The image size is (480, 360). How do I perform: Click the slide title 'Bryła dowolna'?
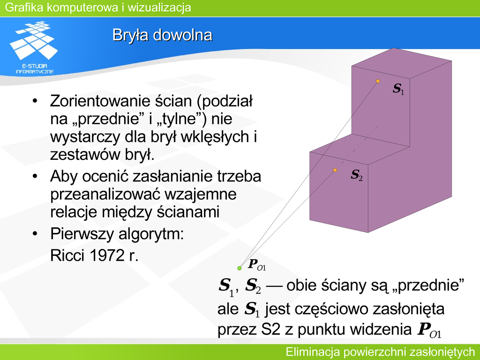pyautogui.click(x=162, y=35)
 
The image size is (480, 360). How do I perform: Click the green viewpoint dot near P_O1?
pyautogui.click(x=240, y=268)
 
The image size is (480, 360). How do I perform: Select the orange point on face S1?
pyautogui.click(x=378, y=81)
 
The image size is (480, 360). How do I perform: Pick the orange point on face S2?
pyautogui.click(x=335, y=170)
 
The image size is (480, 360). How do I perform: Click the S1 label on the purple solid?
pyautogui.click(x=398, y=89)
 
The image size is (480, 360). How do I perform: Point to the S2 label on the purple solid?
pyautogui.click(x=357, y=175)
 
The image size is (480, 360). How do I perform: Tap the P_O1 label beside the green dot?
pyautogui.click(x=257, y=264)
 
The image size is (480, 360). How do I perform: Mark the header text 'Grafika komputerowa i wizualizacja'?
pyautogui.click(x=98, y=7)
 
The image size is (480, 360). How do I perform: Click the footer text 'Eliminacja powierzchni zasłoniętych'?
pyautogui.click(x=380, y=352)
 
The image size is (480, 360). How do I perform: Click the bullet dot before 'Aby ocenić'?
pyautogui.click(x=35, y=176)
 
